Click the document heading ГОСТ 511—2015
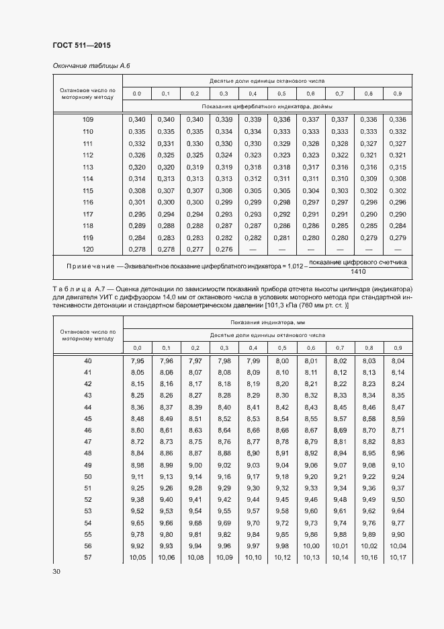(x=81, y=46)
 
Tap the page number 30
(x=56, y=572)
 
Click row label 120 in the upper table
(x=88, y=250)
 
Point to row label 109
(x=88, y=120)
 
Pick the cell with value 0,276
(x=224, y=250)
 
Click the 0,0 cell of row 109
(x=136, y=120)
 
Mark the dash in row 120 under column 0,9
(x=398, y=250)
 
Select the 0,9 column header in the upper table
(x=398, y=94)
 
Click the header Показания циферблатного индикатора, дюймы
(x=267, y=106)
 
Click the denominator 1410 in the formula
(x=358, y=272)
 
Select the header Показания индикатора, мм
(x=267, y=323)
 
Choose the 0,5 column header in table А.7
(x=281, y=347)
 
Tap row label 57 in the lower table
(x=88, y=558)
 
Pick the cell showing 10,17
(x=398, y=558)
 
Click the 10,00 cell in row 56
(x=311, y=546)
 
